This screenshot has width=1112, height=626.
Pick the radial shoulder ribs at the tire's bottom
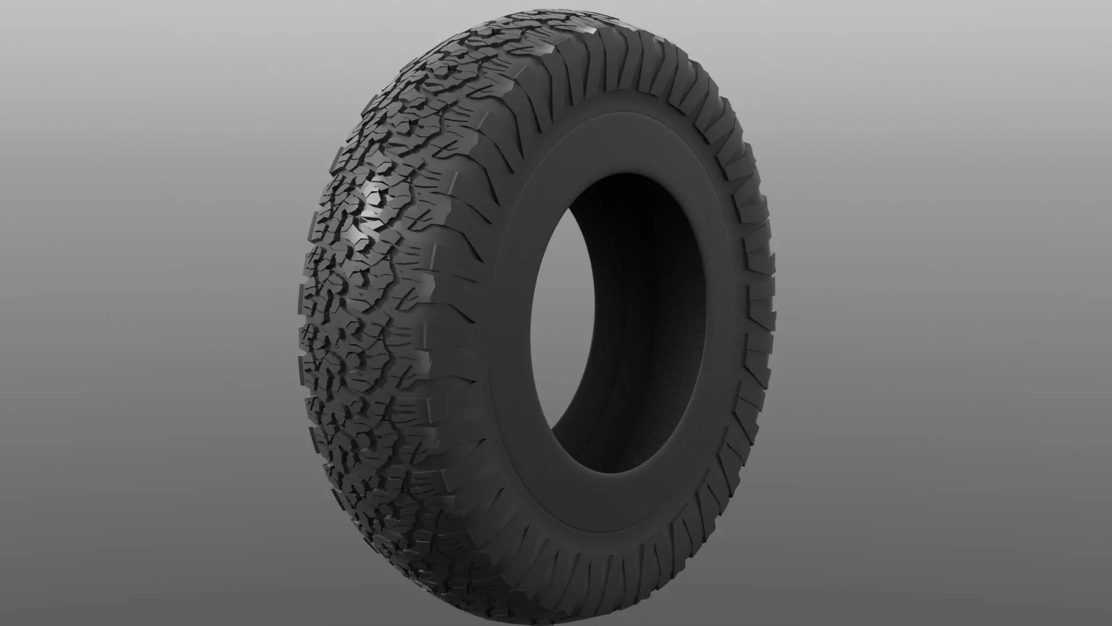579,571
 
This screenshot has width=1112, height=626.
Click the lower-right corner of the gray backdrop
1107,621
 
